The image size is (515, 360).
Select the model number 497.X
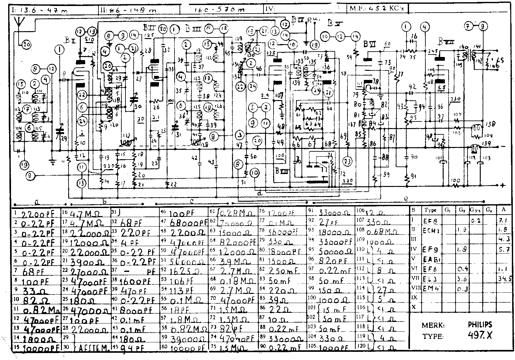pos(480,336)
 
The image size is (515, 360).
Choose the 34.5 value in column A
pos(505,279)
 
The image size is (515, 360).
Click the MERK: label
pos(433,325)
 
